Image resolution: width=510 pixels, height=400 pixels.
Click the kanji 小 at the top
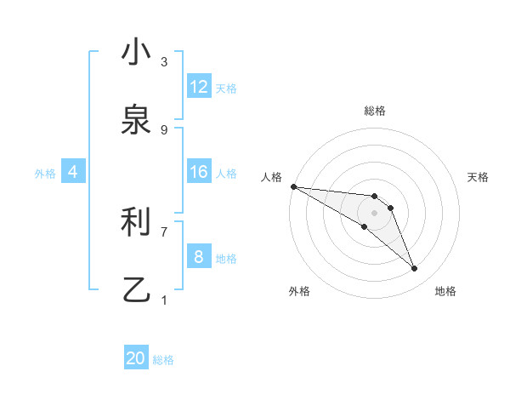(x=136, y=52)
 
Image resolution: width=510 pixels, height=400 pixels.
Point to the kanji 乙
(x=136, y=290)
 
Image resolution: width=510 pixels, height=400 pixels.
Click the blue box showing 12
(x=199, y=87)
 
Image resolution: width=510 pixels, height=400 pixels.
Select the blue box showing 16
(x=199, y=172)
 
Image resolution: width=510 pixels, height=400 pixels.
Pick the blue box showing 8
(x=199, y=257)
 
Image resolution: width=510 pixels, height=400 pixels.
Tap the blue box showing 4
(x=73, y=172)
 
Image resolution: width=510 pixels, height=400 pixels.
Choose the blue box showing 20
(x=136, y=358)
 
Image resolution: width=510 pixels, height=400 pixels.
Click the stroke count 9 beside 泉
(x=164, y=129)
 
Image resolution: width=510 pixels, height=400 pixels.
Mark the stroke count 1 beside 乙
(x=164, y=300)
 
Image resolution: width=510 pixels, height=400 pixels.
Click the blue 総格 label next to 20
(x=163, y=360)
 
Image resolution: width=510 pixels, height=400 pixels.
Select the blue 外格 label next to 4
(x=45, y=173)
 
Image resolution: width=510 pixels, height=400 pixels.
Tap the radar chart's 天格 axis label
(x=478, y=177)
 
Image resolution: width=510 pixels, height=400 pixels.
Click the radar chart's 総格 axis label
(x=375, y=111)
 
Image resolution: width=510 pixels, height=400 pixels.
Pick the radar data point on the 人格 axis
(x=293, y=186)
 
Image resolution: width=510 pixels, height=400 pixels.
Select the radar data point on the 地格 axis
(x=415, y=269)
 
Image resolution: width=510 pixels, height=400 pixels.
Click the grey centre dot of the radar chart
(x=375, y=212)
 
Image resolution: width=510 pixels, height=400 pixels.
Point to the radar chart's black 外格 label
(x=299, y=291)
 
